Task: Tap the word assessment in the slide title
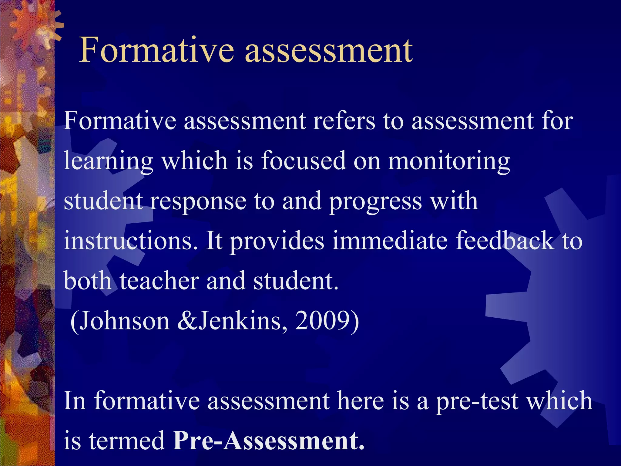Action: coord(329,50)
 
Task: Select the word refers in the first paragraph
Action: coord(344,121)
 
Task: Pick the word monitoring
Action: coord(449,161)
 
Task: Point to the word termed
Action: coord(126,441)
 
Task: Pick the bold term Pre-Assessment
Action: coord(268,441)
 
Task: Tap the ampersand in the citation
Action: coord(187,321)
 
